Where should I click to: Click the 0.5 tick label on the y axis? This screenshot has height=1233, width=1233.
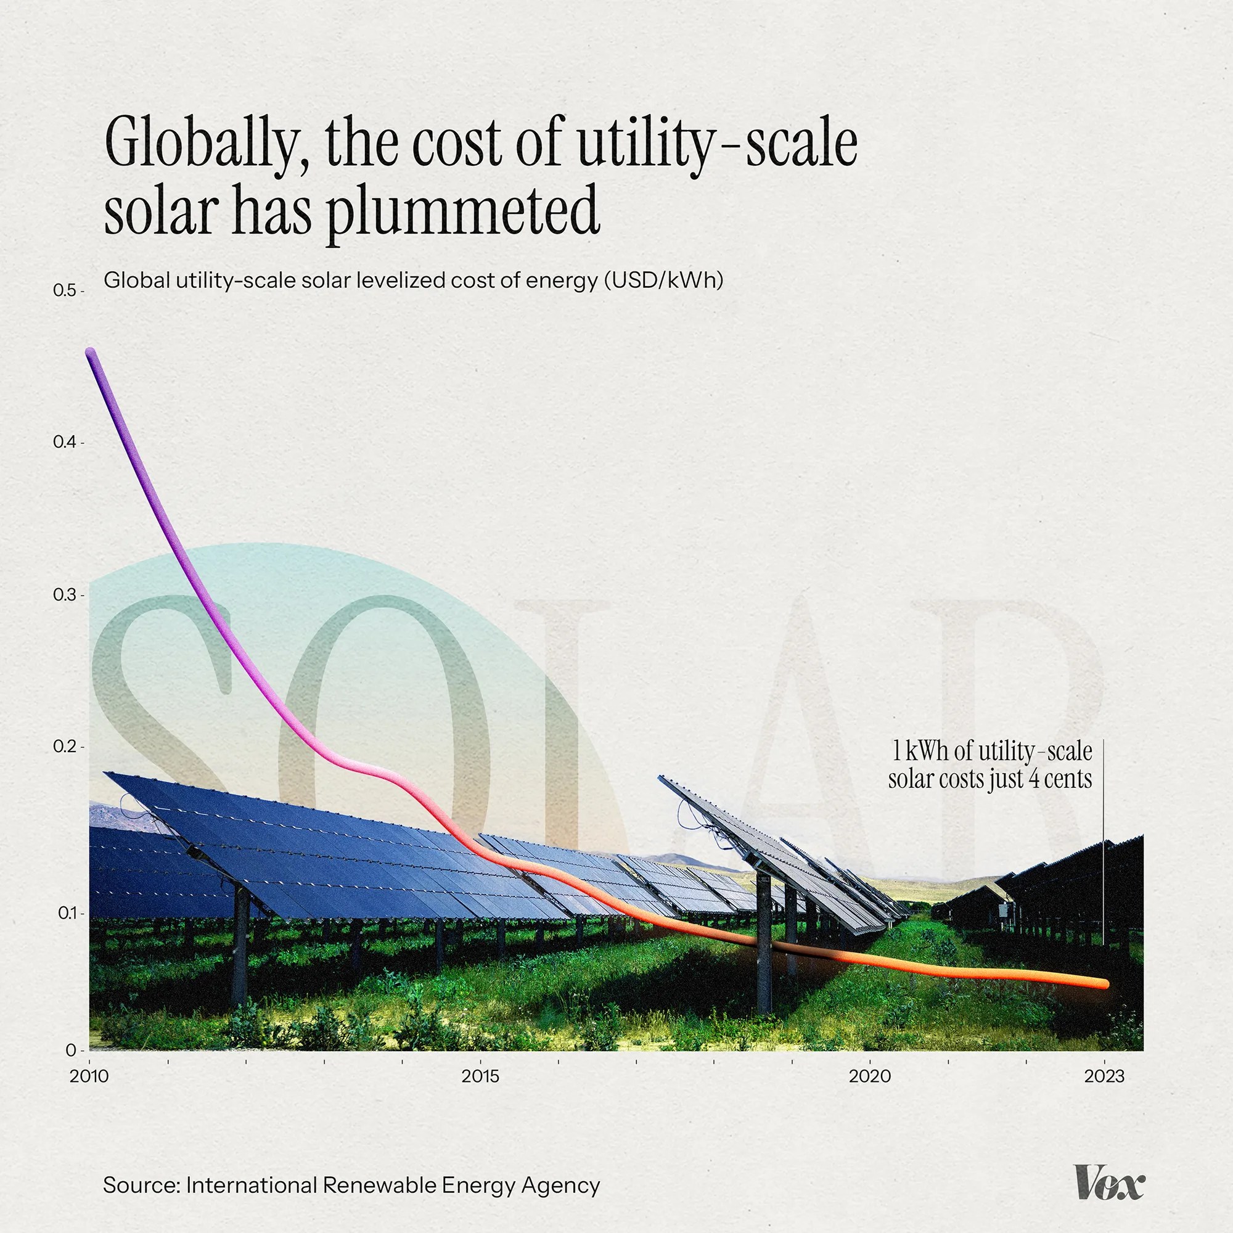pos(64,290)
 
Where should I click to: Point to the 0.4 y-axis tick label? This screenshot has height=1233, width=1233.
pos(65,441)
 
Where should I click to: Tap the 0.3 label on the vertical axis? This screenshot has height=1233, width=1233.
pos(65,595)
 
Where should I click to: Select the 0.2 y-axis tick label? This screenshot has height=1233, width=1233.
pos(65,746)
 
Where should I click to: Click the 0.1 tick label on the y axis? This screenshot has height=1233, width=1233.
pos(67,913)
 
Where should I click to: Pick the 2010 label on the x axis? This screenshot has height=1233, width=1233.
pos(89,1076)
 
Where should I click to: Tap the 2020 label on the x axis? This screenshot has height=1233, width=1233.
pos(869,1076)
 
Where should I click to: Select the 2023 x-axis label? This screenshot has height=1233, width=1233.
pos(1104,1076)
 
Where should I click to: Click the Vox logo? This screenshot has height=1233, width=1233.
pos(1109,1184)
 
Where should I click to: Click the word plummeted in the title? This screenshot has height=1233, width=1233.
pos(464,211)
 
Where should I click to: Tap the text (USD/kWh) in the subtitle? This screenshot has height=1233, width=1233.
pos(664,280)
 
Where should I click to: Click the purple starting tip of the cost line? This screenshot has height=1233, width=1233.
pos(91,352)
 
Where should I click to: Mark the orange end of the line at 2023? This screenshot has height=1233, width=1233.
pos(1104,983)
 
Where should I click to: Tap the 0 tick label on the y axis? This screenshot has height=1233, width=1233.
pos(70,1050)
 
